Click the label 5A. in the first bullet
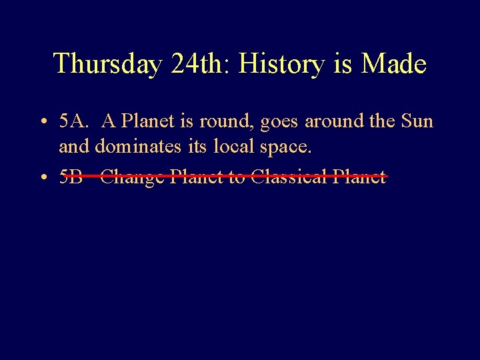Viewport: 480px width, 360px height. [73, 122]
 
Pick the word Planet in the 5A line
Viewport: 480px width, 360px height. [147, 122]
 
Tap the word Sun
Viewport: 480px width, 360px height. [416, 122]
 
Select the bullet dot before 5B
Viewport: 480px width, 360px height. [42, 178]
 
